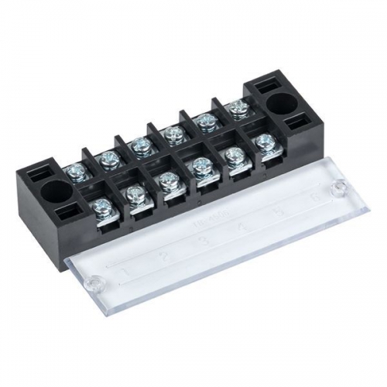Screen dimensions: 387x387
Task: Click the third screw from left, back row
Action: pos(139,145)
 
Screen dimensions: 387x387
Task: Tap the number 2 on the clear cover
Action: pos(163,256)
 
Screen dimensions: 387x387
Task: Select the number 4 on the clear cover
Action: pos(241,227)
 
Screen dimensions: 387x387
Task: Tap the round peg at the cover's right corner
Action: pos(338,187)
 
